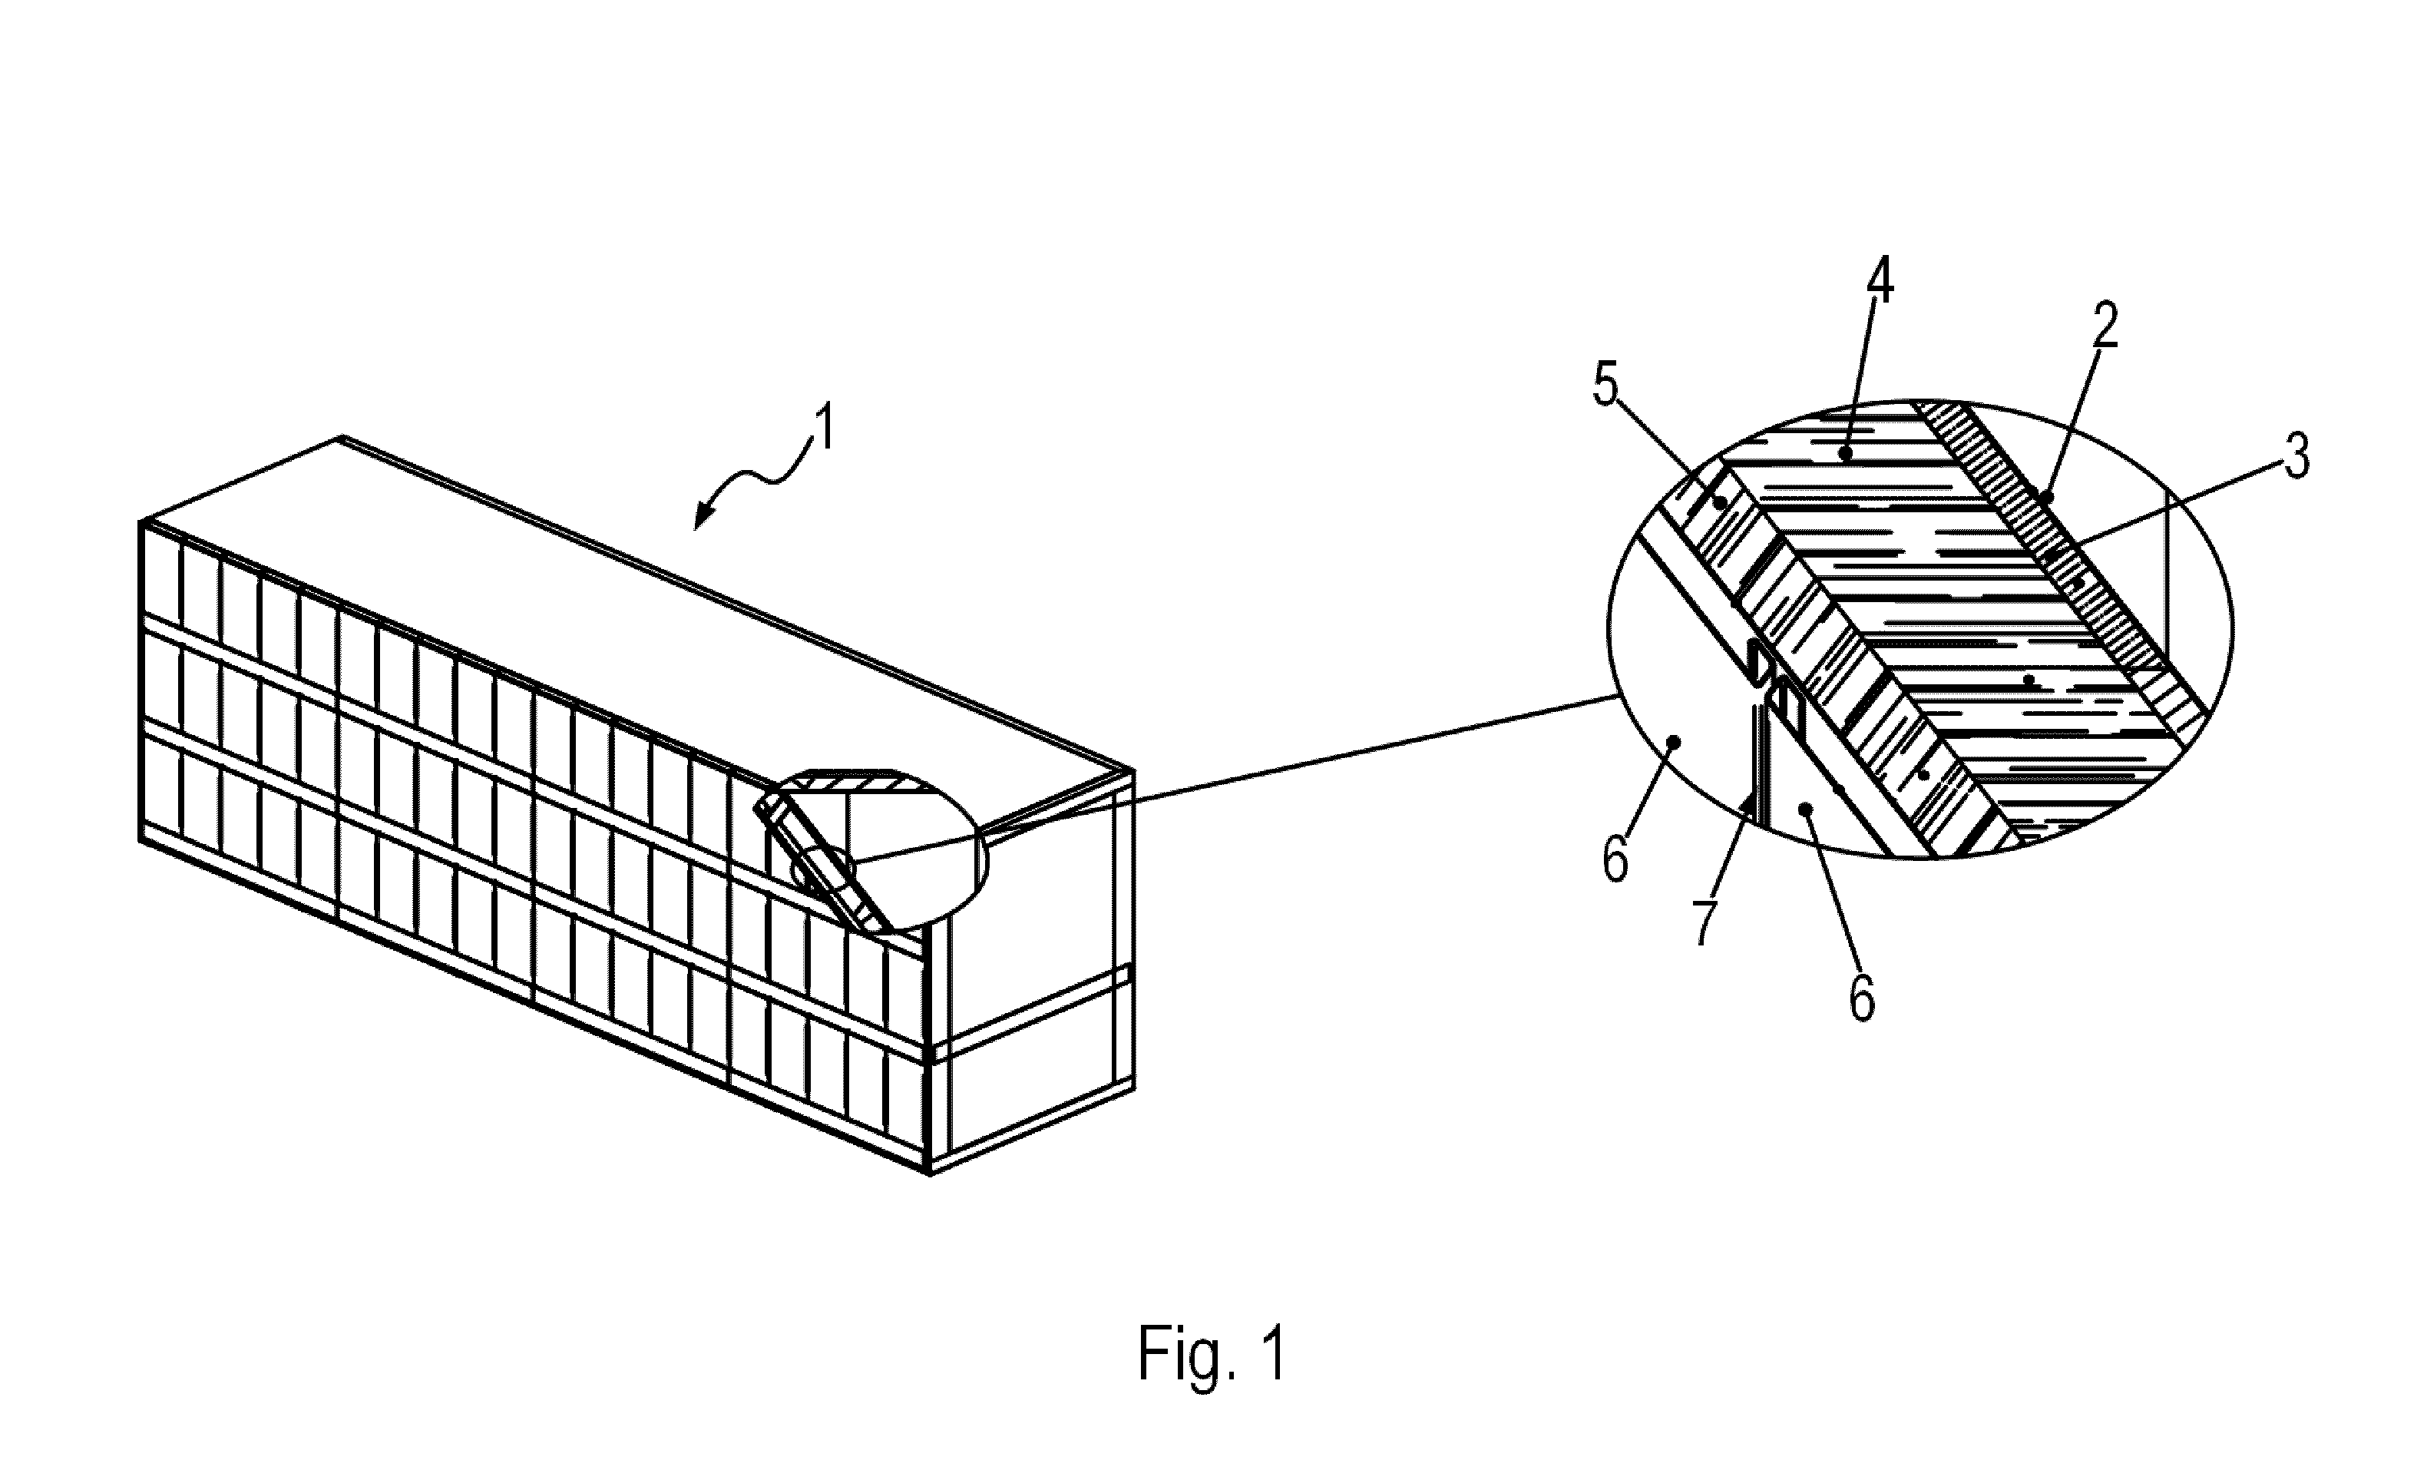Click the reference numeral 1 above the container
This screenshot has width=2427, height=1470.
coord(823,428)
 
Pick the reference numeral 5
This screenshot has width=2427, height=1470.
coord(1605,387)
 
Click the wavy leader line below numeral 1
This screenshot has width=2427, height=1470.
coord(759,478)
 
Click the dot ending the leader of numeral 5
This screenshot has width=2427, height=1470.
coord(1721,502)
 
